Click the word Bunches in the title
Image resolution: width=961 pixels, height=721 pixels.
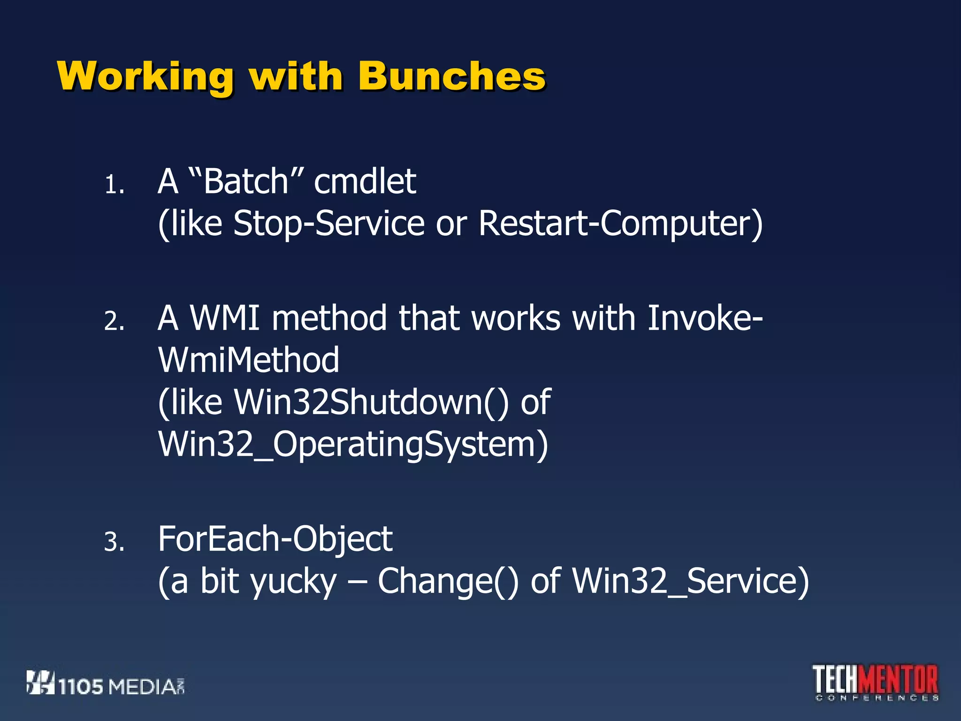(x=451, y=76)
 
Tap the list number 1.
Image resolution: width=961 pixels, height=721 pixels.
(x=114, y=184)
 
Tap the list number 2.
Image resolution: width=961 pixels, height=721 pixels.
(x=114, y=322)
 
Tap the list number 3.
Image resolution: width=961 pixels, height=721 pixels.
(x=114, y=542)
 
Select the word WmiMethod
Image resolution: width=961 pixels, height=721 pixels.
(x=249, y=360)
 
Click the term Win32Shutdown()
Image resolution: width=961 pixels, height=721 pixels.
(x=371, y=402)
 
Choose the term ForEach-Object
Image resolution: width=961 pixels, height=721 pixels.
(x=275, y=539)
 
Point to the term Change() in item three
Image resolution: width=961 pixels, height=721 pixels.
(x=448, y=581)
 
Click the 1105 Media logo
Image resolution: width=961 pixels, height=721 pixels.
(x=106, y=683)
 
